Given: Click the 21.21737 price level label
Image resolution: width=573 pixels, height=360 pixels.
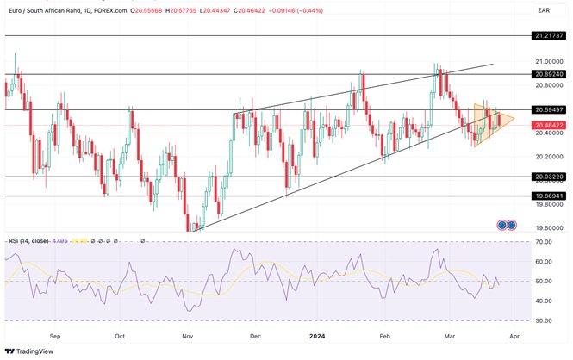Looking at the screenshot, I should [x=547, y=36].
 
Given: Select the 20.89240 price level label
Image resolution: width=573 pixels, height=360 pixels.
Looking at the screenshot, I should [x=547, y=74].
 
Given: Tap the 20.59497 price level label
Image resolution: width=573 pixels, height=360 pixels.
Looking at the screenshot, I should [x=547, y=110].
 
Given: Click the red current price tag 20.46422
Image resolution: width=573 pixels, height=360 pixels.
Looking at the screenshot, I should [x=547, y=125].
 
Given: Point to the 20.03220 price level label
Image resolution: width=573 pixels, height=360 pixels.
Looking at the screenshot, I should [x=547, y=177].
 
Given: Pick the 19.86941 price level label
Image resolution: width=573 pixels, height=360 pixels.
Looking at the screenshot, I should [x=547, y=196].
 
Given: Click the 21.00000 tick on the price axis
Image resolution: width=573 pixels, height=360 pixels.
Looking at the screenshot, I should [x=547, y=62].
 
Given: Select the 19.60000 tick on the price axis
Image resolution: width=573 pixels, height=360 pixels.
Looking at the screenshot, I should [x=547, y=228].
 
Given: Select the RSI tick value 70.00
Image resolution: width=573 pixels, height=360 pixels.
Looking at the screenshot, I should [x=544, y=242].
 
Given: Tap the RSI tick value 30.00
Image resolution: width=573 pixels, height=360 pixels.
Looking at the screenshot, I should [x=544, y=320].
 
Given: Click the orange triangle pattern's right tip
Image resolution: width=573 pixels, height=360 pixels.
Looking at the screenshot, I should [x=514, y=118].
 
